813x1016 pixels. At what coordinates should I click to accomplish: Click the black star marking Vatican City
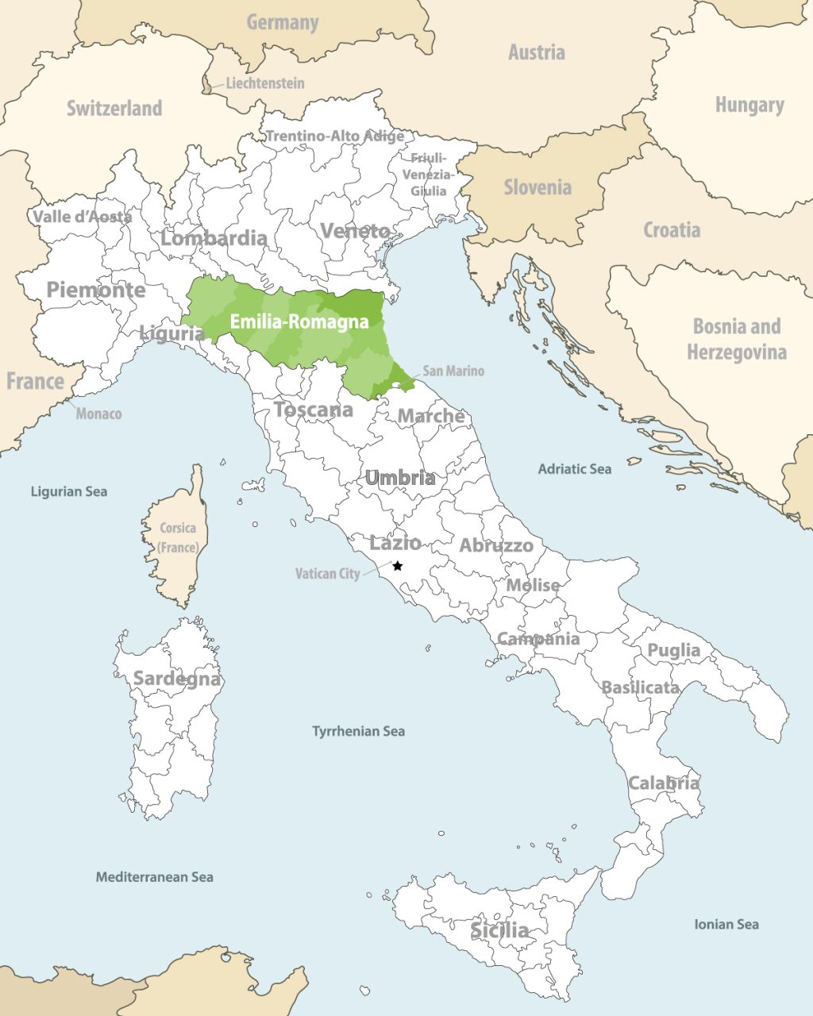coord(398,566)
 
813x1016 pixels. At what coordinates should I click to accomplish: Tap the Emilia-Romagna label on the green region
coord(299,321)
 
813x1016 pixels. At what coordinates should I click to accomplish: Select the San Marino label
coord(453,371)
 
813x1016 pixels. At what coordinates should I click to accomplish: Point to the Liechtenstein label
coord(264,83)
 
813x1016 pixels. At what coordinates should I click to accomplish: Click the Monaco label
coord(98,414)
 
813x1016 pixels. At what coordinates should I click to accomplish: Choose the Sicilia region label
coord(499,930)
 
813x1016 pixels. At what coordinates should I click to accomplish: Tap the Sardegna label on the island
coord(176,679)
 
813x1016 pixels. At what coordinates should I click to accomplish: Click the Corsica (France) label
coord(178,537)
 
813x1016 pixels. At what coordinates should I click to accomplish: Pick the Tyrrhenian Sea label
coord(358,731)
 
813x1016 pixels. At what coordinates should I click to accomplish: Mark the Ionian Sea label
coord(726,924)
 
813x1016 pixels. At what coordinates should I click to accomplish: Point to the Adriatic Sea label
coord(574,469)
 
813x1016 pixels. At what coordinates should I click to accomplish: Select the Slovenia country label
coord(538,187)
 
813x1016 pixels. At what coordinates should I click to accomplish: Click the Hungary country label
coord(749,105)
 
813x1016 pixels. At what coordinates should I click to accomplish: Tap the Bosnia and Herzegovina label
coord(737,339)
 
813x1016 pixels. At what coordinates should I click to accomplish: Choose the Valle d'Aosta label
coord(82,217)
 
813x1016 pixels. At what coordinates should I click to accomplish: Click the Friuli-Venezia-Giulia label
coord(429,175)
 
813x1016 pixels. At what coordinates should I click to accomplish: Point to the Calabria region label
coord(664,783)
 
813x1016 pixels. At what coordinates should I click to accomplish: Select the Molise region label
coord(533,585)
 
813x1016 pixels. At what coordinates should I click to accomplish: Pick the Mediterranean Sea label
coord(154,877)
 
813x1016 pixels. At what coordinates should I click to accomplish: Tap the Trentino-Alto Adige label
coord(334,137)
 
